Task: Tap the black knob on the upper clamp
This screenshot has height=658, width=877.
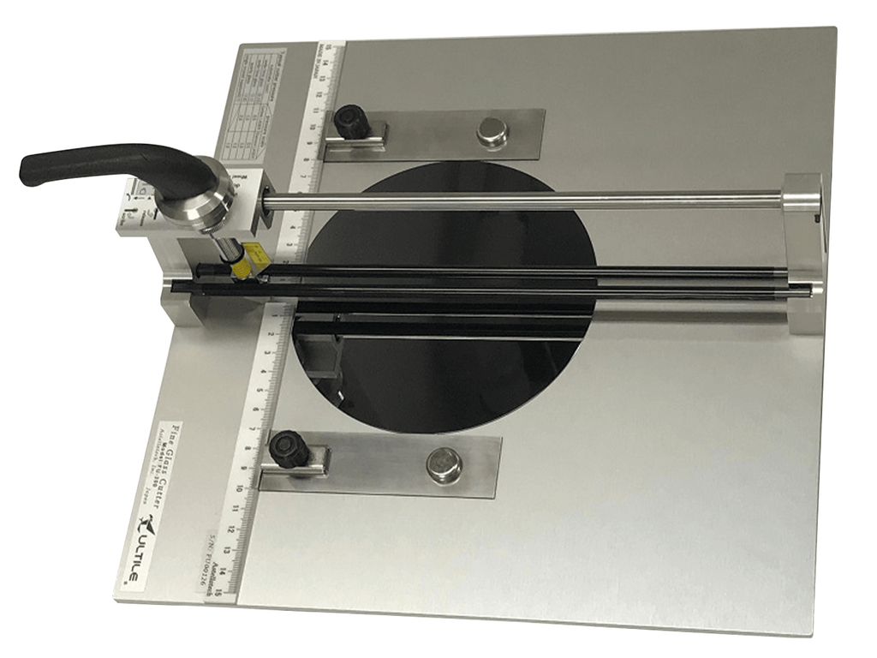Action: [350, 121]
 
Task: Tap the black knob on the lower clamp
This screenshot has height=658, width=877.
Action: [288, 448]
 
